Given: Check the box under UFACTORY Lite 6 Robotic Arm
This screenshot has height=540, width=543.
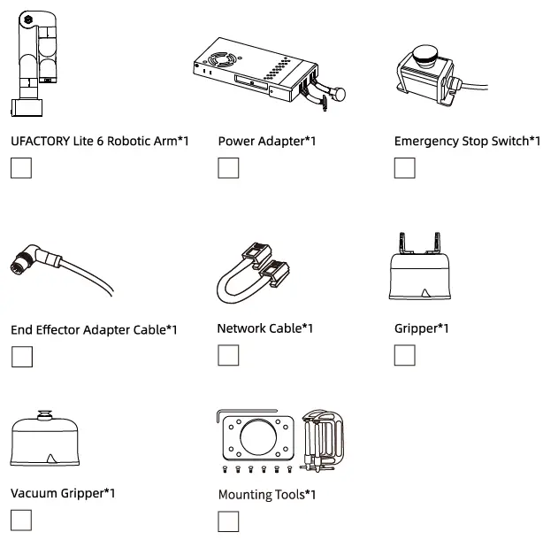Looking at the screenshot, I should point(21,167).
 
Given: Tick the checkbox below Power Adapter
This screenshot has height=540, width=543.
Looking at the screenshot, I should point(228,167).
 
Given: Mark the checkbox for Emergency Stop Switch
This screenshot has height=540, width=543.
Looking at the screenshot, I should point(404,167).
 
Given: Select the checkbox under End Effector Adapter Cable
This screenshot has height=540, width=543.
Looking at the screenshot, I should point(22,357).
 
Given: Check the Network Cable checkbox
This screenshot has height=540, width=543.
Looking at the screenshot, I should point(228,355).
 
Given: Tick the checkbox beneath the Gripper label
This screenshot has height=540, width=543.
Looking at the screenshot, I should point(404,355).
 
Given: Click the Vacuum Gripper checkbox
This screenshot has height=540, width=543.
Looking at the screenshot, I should point(21,520).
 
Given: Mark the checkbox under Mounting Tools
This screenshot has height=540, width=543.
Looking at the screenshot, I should point(228,521).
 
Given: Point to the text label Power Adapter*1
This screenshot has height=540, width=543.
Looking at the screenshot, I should point(266,141).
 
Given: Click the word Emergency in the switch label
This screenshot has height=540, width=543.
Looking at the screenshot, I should point(426,141).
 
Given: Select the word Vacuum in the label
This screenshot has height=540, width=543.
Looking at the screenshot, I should point(33,493).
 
